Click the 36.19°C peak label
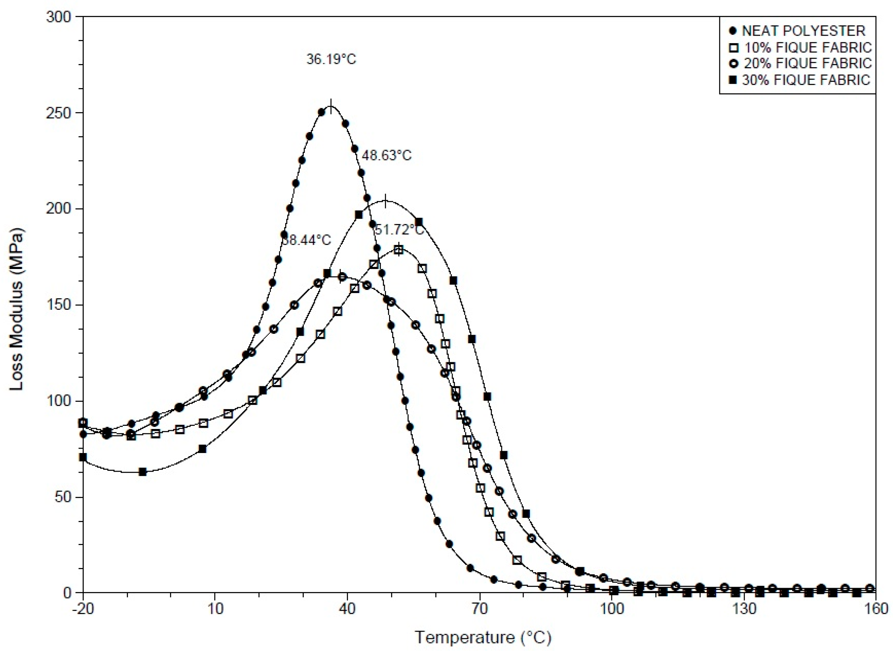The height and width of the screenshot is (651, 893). coord(331,59)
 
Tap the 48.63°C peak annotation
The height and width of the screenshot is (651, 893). coord(387,156)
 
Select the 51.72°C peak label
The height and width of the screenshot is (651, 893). coord(399,230)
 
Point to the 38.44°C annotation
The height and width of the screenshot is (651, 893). coord(306,240)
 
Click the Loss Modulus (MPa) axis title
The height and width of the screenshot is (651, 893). coord(17,309)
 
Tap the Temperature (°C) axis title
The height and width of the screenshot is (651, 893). coord(483,637)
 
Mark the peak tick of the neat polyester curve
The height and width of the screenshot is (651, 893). coord(331,106)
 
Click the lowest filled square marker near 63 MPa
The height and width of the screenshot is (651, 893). coord(143,472)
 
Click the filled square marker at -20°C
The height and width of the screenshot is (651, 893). coord(83,457)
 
